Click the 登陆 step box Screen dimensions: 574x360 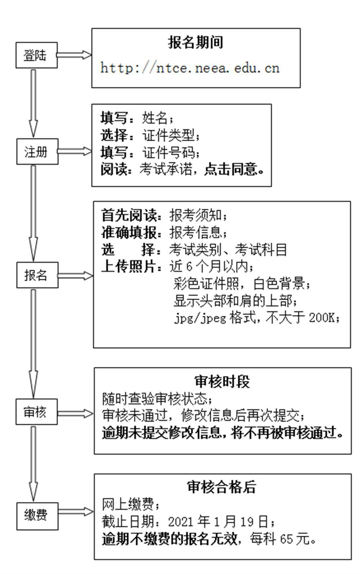(36, 55)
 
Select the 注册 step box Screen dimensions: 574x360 (37, 152)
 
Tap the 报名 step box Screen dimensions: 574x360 (37, 275)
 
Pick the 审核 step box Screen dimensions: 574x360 (36, 412)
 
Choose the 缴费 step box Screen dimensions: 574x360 (37, 516)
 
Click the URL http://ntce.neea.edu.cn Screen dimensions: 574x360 (190, 68)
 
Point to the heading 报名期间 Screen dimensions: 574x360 (195, 42)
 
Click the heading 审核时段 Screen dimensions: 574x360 (222, 381)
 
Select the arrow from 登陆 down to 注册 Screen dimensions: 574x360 (33, 103)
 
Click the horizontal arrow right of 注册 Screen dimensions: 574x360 (75, 151)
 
